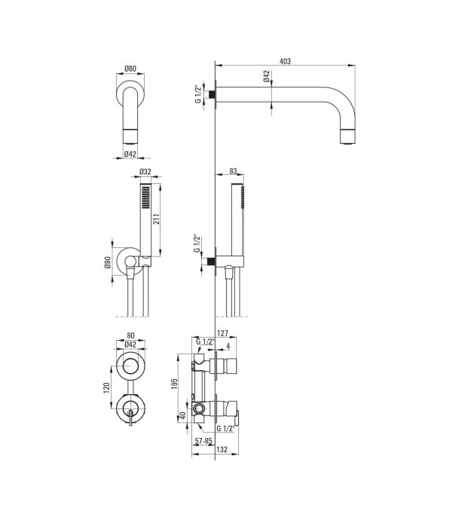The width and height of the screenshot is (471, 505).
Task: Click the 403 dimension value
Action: [x=285, y=61]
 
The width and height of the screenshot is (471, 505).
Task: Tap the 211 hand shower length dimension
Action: [x=156, y=220]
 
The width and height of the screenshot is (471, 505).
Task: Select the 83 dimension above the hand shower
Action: [x=233, y=171]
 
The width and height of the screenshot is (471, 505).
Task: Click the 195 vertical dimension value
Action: [x=174, y=384]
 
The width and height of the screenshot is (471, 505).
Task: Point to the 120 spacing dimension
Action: [x=106, y=387]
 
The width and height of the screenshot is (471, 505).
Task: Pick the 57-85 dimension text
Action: [x=203, y=441]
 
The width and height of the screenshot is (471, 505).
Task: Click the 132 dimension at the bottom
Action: [x=222, y=449]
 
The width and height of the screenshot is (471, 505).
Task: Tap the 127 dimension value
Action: [x=223, y=333]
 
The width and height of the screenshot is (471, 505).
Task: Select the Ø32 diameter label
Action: [x=145, y=172]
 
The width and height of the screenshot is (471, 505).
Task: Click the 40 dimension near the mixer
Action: [x=182, y=416]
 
